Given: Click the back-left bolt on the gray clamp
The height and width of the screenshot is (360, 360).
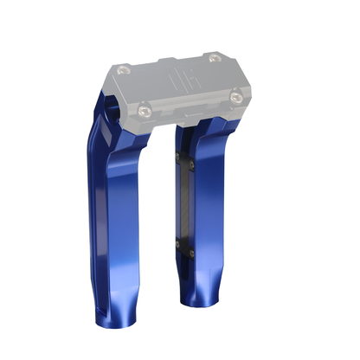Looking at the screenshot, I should coord(127,67).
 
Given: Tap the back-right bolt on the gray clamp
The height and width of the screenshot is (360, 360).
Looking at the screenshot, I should coord(214,59).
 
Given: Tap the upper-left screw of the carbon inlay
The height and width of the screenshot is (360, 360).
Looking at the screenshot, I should coord(178,157).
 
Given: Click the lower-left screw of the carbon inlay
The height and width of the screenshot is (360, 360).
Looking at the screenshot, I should coord(178,244).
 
